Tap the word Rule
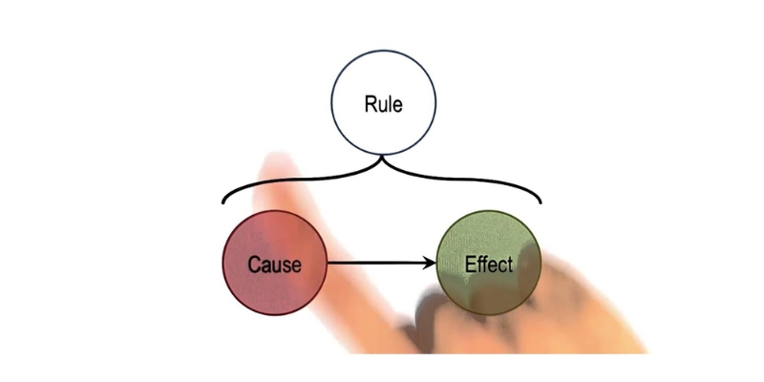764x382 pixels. tap(383, 104)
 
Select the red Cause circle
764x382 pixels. tap(275, 262)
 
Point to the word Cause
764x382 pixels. tap(274, 264)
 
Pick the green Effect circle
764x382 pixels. tap(488, 262)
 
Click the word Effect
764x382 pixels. tap(488, 264)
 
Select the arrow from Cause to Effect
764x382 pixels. tap(382, 263)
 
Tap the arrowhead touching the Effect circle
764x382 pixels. tap(432, 263)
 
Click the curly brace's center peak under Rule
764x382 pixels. tap(383, 158)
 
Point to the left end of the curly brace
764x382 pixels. tap(223, 202)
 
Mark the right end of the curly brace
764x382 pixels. tap(541, 202)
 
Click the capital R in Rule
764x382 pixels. tap(370, 104)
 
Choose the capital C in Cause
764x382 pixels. tap(254, 264)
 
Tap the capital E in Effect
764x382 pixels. tap(469, 264)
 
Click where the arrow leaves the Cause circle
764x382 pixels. tap(329, 263)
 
